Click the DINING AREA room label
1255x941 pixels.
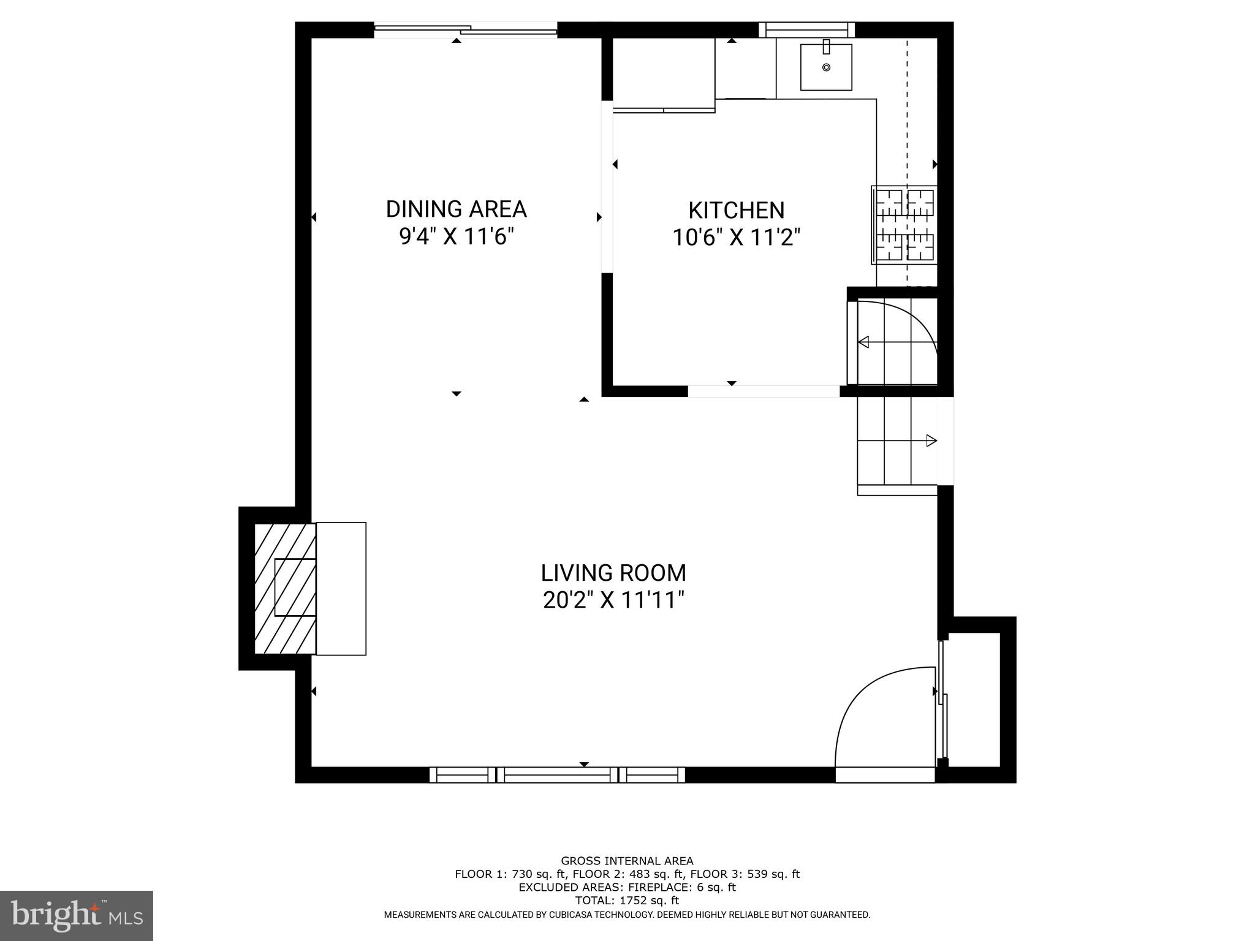pyautogui.click(x=456, y=209)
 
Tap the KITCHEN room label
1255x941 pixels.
pyautogui.click(x=736, y=210)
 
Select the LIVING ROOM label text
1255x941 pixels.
pyautogui.click(x=613, y=573)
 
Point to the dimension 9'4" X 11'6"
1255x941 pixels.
pyautogui.click(x=456, y=236)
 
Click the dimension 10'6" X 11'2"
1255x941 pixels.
pyautogui.click(x=736, y=237)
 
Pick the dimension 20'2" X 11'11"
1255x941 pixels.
pyautogui.click(x=613, y=600)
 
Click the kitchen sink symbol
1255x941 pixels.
pyautogui.click(x=826, y=67)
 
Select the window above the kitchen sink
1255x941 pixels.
pyautogui.click(x=806, y=29)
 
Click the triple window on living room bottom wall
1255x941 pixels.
pyautogui.click(x=557, y=775)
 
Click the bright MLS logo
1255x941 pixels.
pyautogui.click(x=76, y=915)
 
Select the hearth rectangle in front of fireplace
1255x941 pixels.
pyautogui.click(x=341, y=588)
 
